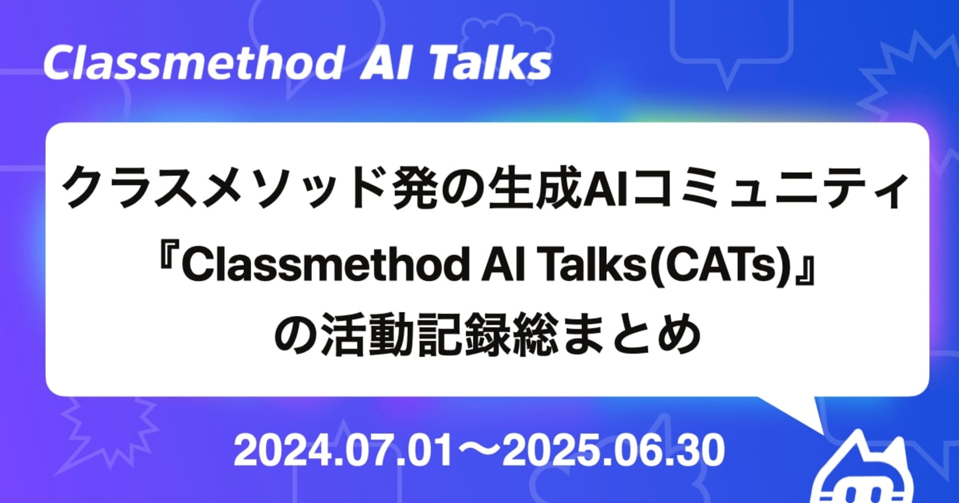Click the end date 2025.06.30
pyautogui.click(x=613, y=451)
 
